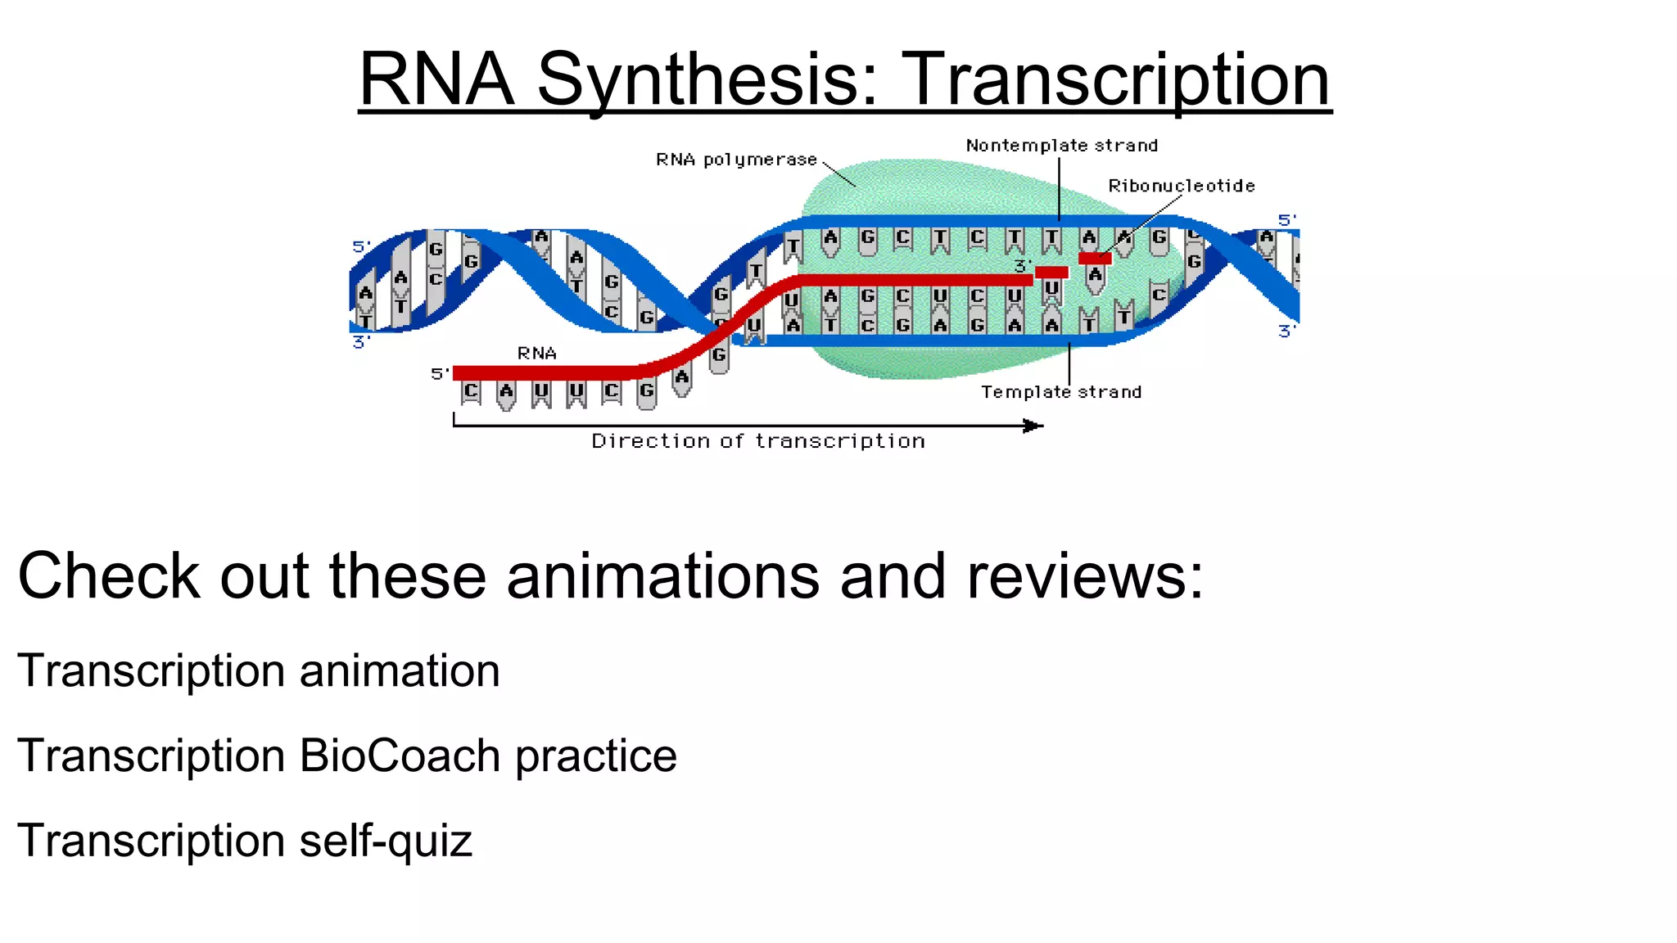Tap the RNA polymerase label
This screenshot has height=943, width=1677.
click(x=736, y=160)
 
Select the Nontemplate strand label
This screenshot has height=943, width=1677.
click(x=1061, y=146)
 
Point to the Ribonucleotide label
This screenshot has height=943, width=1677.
click(x=1181, y=186)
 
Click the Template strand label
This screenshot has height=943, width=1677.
click(x=1061, y=392)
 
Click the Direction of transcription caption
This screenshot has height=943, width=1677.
click(x=758, y=441)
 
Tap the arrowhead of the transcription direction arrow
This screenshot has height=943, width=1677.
click(x=1033, y=426)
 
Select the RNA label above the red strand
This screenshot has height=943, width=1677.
click(x=537, y=354)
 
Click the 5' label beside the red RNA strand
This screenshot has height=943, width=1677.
click(x=440, y=374)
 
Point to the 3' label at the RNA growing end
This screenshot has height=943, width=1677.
click(x=1023, y=266)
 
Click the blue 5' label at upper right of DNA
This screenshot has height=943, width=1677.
click(x=1287, y=220)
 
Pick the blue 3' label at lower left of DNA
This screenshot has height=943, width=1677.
click(x=361, y=342)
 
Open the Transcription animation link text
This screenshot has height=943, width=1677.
click(x=258, y=671)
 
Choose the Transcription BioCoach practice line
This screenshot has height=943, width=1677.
click(x=346, y=756)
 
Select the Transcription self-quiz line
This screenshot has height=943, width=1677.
click(x=245, y=841)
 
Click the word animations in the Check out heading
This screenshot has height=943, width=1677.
click(x=662, y=576)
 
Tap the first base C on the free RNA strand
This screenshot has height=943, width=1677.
click(x=471, y=391)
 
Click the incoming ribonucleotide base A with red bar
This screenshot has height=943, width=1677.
click(x=1095, y=274)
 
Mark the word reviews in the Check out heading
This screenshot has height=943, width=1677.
click(x=1085, y=576)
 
